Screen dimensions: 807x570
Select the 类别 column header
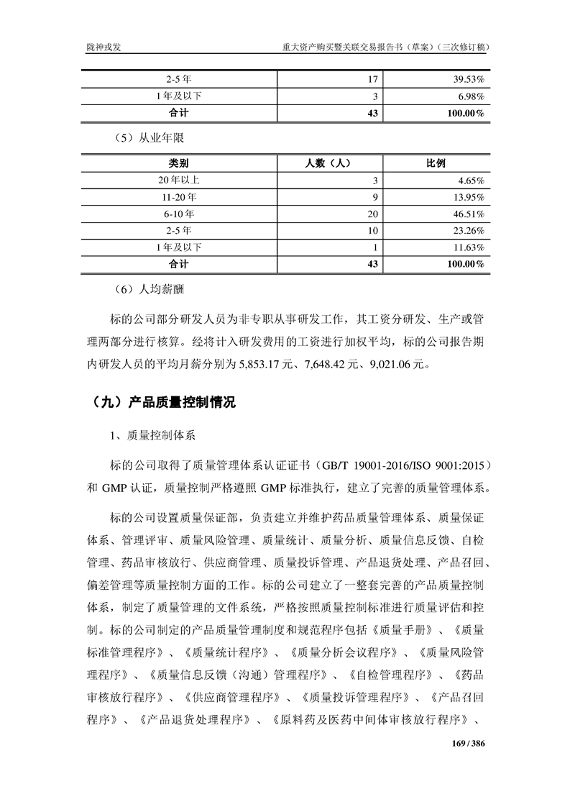(x=179, y=163)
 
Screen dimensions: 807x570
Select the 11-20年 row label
(x=179, y=197)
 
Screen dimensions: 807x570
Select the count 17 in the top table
(x=372, y=79)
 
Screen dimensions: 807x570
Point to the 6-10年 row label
(x=179, y=214)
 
